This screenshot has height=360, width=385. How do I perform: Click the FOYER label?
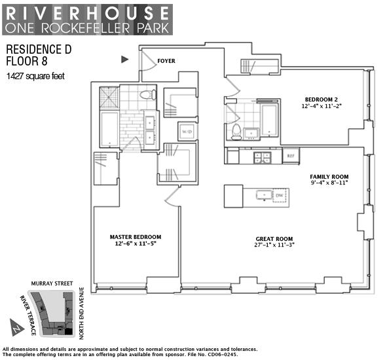click(166, 61)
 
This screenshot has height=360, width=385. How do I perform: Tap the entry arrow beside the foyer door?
click(124, 60)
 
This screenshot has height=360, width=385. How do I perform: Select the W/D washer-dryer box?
click(187, 132)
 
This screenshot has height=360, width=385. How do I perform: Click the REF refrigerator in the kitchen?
click(291, 156)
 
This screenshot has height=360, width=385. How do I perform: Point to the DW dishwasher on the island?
click(280, 195)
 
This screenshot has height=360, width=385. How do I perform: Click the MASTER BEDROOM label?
click(136, 237)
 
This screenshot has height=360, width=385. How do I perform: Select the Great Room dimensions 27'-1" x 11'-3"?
click(274, 245)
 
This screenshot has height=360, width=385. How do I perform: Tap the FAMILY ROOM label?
click(329, 177)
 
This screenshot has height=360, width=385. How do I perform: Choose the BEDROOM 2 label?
click(321, 99)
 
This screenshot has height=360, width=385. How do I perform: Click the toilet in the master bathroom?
click(148, 94)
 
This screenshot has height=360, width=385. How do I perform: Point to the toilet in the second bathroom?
click(236, 132)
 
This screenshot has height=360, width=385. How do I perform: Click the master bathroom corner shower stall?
click(109, 98)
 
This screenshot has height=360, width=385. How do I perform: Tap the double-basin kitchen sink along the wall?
click(263, 158)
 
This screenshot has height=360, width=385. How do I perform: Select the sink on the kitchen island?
click(265, 195)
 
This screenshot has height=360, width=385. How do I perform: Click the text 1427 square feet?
click(35, 77)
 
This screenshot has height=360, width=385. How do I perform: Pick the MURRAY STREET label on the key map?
click(52, 283)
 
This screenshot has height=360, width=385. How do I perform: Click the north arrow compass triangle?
click(16, 327)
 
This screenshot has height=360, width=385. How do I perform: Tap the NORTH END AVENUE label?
click(81, 314)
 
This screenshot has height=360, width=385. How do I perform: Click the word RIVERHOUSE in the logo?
click(88, 13)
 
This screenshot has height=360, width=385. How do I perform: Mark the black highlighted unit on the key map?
click(69, 332)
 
